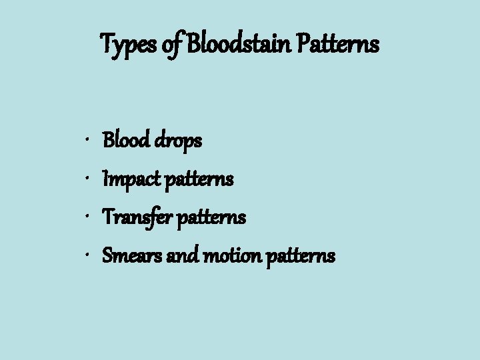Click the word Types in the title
point(127,45)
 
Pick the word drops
point(178,141)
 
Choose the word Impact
point(125,179)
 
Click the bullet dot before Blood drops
point(88,141)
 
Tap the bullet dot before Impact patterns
point(88,179)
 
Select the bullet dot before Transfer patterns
point(88,218)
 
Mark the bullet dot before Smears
point(88,256)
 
